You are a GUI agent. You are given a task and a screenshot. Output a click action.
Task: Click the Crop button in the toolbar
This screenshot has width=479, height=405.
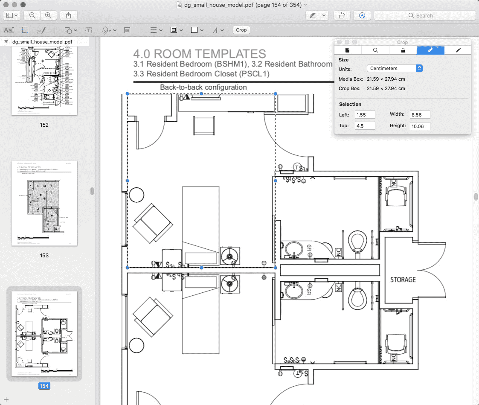pos(241,30)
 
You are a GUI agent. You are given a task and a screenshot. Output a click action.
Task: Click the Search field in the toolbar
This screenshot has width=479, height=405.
pos(424,15)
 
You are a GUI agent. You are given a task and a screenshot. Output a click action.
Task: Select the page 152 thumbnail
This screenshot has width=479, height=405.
pos(44,81)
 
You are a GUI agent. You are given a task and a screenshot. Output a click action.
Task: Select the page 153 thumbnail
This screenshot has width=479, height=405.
pos(44,203)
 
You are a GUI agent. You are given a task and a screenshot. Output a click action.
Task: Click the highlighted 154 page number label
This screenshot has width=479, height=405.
pos(44,386)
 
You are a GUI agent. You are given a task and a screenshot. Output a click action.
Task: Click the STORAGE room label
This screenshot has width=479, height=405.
pos(403,280)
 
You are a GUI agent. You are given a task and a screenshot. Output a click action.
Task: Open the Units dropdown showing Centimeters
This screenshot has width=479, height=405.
pos(395,68)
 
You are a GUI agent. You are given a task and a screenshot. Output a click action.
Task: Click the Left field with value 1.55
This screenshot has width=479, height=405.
pos(365,114)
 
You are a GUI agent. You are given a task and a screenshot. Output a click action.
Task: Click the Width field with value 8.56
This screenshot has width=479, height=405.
pos(420,114)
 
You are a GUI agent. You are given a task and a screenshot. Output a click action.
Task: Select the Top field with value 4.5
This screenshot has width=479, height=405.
pos(365,125)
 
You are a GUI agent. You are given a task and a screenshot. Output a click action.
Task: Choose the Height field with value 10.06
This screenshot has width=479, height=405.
pos(420,126)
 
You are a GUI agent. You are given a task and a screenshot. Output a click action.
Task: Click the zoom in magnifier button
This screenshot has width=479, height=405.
pos(48,15)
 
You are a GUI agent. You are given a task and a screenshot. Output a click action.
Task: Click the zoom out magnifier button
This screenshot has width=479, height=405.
pos(32,15)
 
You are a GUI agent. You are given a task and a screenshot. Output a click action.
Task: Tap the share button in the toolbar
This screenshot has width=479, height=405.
pos(69,15)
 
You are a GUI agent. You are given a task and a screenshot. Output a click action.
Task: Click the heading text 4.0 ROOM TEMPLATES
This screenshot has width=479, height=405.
pos(199,54)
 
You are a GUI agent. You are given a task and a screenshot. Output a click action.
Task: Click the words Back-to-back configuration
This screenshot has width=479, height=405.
pos(203,87)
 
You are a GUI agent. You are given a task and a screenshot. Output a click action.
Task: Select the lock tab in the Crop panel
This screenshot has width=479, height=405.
pos(403,50)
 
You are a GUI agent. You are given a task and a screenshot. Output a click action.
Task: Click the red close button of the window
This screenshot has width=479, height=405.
pos(6,5)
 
